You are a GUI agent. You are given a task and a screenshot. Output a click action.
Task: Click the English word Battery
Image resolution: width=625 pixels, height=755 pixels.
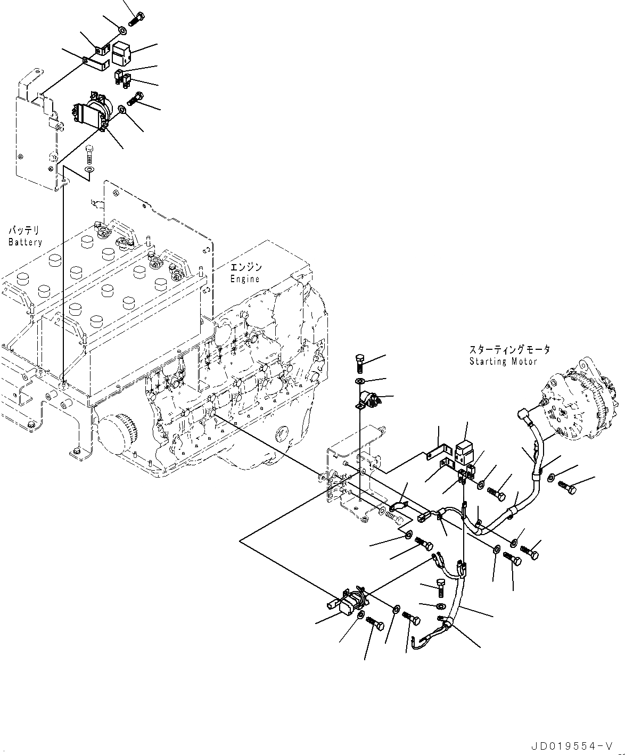coord(25,242)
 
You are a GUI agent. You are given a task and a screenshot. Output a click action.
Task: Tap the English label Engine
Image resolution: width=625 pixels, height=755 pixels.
coord(245,278)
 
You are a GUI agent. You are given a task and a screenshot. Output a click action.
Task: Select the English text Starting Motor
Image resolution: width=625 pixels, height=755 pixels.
coord(503,362)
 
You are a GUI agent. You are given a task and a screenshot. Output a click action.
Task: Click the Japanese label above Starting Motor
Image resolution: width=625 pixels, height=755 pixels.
coord(509,350)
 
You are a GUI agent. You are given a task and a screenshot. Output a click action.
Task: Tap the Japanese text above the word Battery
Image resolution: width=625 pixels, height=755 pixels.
coord(24,231)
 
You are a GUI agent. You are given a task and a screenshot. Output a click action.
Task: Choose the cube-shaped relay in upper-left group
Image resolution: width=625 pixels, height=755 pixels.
coord(121,53)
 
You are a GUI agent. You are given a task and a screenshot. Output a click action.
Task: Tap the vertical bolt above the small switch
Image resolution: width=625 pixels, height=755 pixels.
coord(359,363)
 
